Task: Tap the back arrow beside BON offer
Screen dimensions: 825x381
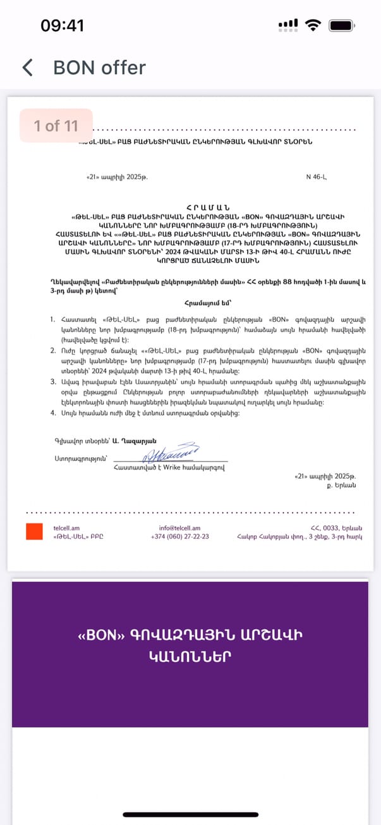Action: tap(27, 68)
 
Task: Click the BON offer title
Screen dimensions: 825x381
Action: tap(99, 68)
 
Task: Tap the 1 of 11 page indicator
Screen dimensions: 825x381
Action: tap(56, 126)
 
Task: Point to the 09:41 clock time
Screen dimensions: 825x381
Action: tap(62, 25)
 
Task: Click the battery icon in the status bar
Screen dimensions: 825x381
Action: tap(342, 25)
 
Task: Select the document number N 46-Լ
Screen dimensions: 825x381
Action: tap(316, 177)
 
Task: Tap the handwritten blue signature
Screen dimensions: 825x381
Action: tap(171, 453)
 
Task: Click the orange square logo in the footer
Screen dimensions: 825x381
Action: tap(34, 532)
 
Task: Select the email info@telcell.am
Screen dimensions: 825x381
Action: tap(180, 528)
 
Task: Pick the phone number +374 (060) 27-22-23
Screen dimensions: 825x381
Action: tap(180, 537)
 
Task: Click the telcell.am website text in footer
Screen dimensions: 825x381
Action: tap(66, 528)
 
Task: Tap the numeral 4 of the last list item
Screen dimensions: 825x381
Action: tap(53, 413)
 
